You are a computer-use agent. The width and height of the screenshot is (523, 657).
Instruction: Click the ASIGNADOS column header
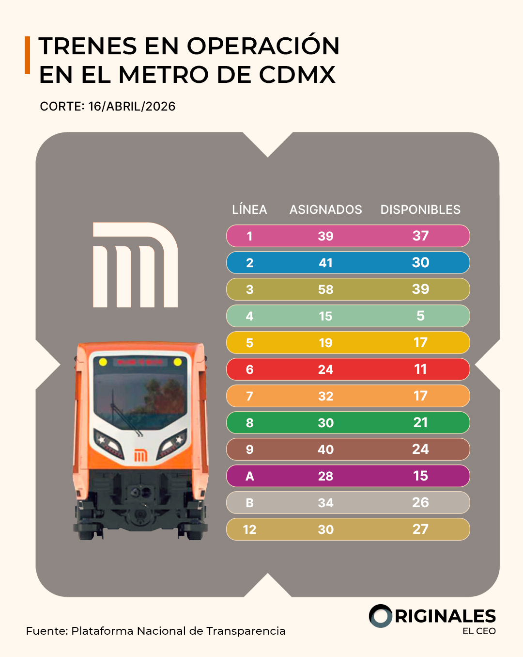325,209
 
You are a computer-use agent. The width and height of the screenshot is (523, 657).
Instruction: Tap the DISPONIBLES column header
420,209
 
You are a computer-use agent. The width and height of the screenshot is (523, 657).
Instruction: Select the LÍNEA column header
249,209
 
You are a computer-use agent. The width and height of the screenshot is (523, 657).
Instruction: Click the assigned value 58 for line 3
325,289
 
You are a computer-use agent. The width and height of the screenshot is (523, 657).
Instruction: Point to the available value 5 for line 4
420,316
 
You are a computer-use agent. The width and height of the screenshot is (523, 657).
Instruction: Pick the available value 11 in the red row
420,369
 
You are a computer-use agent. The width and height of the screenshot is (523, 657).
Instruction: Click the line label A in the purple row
250,476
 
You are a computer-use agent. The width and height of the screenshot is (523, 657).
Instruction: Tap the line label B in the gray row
250,503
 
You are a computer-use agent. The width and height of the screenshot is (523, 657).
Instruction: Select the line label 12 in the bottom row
250,529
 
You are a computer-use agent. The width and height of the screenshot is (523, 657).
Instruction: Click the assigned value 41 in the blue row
325,263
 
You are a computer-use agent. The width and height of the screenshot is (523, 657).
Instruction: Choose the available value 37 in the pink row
420,236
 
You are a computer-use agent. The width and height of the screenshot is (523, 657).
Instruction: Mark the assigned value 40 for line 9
325,449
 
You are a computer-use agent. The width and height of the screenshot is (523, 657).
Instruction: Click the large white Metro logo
135,265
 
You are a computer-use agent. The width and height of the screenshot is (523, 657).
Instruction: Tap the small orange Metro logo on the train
140,455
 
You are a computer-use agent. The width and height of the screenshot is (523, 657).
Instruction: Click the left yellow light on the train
103,362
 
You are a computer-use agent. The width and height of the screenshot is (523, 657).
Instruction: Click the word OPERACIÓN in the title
263,47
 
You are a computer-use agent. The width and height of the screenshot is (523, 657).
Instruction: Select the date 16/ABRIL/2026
132,107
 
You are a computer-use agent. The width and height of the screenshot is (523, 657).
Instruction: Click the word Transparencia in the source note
246,631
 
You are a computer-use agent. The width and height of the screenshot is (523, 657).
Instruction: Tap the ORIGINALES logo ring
381,616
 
